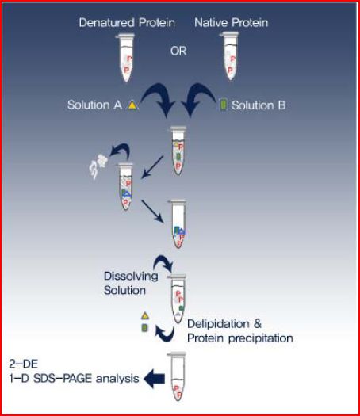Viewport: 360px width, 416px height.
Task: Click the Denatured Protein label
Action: (x=127, y=22)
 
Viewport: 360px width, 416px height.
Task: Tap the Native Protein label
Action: (x=232, y=22)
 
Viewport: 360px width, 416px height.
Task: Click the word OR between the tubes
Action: (x=178, y=51)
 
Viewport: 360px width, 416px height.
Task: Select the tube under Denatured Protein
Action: (x=125, y=57)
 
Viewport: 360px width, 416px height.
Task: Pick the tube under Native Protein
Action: (x=231, y=56)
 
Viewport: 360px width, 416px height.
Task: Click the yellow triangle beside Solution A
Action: (x=132, y=105)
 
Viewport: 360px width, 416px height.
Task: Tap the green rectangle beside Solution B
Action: (x=224, y=105)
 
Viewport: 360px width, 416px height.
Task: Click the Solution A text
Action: (x=94, y=105)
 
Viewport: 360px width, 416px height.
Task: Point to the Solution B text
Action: (x=259, y=105)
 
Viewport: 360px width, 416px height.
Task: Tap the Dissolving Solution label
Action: (x=131, y=283)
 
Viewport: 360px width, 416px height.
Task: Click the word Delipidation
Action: (x=218, y=324)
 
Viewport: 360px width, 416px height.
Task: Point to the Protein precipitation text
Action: (x=240, y=338)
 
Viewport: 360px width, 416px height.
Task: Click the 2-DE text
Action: (x=23, y=364)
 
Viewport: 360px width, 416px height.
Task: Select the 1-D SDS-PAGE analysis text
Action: (x=74, y=378)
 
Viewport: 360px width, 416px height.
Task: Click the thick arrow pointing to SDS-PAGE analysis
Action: (x=155, y=379)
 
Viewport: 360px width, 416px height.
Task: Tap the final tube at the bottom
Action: (x=178, y=376)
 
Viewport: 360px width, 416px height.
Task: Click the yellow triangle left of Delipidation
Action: (x=145, y=315)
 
